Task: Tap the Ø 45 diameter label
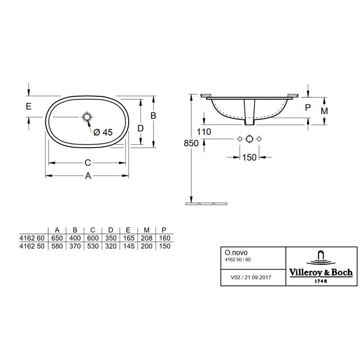103,132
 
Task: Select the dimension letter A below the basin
88,176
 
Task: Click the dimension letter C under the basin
88,163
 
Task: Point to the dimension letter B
153,116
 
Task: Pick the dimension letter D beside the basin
140,128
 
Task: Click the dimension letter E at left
28,106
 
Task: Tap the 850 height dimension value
191,143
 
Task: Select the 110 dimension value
204,132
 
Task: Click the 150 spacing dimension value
249,157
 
